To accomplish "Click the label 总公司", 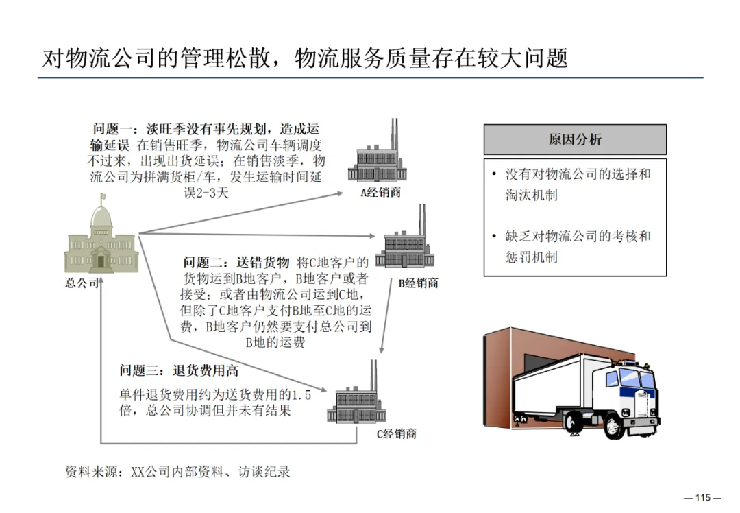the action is click(x=83, y=283).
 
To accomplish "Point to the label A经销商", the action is click(x=380, y=193).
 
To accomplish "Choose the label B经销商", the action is click(x=418, y=283).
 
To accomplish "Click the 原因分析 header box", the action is click(x=575, y=139).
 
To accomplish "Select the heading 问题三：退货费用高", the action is click(x=179, y=371).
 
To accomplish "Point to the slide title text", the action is click(x=305, y=59).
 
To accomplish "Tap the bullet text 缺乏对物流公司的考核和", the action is click(x=578, y=237).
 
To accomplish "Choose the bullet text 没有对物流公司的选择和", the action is click(x=578, y=174).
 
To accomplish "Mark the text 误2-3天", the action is click(x=206, y=193).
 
